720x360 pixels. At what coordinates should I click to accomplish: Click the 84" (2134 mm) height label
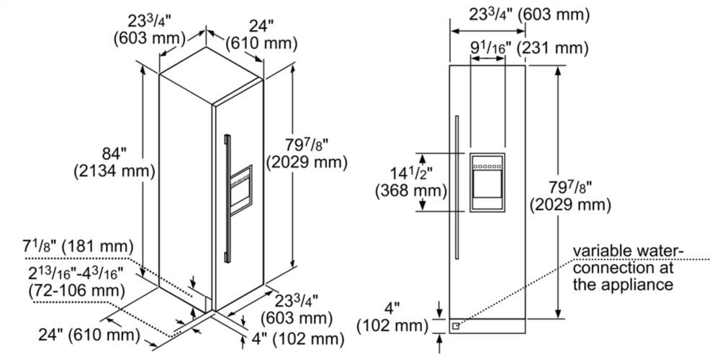[114, 162]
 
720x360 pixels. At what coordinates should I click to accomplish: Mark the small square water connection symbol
[455, 325]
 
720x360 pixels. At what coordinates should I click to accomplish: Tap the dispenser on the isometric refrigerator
[241, 186]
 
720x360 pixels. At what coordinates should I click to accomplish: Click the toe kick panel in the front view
[490, 325]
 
